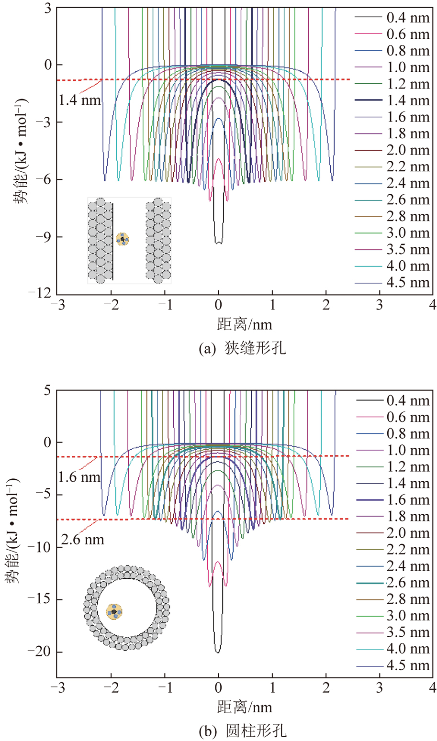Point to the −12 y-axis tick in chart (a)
tap(42, 294)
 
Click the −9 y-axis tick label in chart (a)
tap(44, 237)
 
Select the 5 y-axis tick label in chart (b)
tap(47, 390)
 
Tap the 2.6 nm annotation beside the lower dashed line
tap(82, 540)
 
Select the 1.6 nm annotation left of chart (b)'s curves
tap(79, 477)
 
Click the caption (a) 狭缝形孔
tap(242, 348)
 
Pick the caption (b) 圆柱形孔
tap(242, 730)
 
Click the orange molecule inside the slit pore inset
tap(123, 239)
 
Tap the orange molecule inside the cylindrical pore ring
tap(114, 611)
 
